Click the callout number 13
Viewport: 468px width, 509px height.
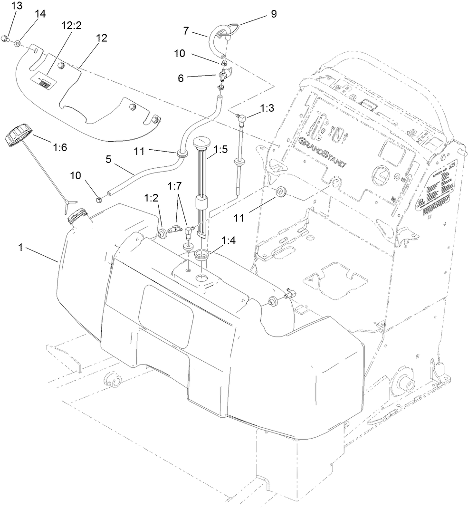[17, 6]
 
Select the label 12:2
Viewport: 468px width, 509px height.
[72, 26]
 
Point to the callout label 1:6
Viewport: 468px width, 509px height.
[60, 148]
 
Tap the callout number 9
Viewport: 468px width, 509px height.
[273, 14]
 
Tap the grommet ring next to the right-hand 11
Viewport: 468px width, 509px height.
[281, 192]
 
